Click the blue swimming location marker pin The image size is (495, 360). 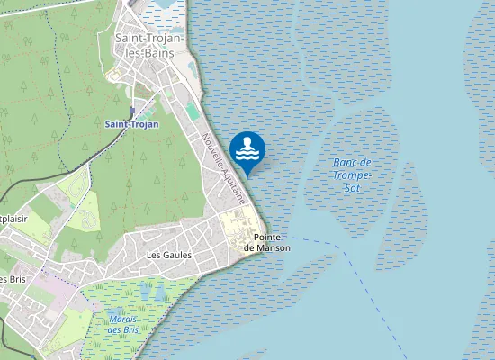tap(247, 150)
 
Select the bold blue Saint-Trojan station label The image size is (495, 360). tap(131, 123)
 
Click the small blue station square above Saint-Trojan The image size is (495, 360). tap(131, 112)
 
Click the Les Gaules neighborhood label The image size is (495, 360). tap(168, 255)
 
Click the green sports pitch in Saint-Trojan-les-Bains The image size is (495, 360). tap(193, 112)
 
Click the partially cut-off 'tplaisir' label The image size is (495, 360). tap(12, 219)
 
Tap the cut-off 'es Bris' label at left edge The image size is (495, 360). tap(12, 278)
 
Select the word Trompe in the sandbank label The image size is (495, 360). tap(352, 175)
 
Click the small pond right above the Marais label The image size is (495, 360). tap(143, 290)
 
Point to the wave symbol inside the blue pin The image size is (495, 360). tap(247, 153)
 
